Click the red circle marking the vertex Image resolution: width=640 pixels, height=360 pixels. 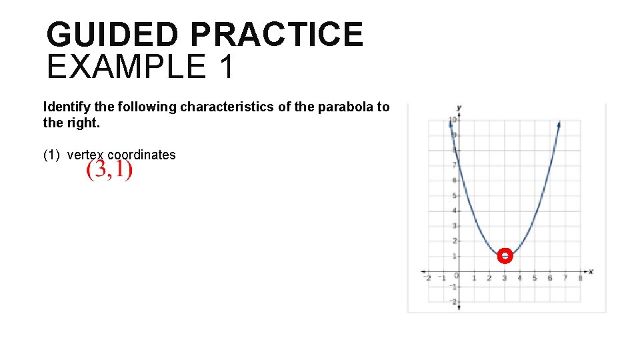coord(505,256)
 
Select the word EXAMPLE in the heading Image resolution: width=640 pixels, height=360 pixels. coord(127,67)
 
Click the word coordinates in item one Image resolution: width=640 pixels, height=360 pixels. coord(141,155)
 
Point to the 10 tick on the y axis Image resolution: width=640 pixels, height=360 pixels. coord(452,121)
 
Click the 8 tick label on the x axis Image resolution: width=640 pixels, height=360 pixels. coord(580,279)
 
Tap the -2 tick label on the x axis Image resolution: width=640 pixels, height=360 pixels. coord(427,279)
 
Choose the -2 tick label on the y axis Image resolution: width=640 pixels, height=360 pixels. coord(453,302)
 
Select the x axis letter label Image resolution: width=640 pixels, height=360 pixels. coord(591,272)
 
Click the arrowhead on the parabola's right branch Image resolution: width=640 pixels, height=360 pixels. coord(558,124)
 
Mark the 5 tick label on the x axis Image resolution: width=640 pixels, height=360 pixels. coord(535,279)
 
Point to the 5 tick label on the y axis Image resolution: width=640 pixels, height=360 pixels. coord(455,195)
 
